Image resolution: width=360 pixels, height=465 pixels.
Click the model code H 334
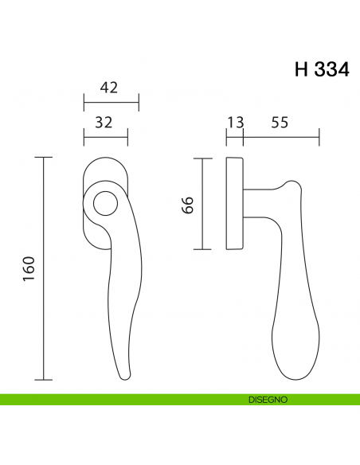[x=321, y=69]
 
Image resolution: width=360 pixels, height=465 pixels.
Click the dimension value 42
[x=110, y=88]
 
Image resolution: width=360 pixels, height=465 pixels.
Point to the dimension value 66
[x=188, y=205]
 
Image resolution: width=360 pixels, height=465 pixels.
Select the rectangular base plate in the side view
[x=235, y=205]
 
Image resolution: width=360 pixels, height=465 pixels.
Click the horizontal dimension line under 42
[x=112, y=102]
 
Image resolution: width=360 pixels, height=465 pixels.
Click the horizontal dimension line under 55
[x=280, y=137]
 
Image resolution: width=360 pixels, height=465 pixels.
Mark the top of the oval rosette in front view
[x=105, y=158]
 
